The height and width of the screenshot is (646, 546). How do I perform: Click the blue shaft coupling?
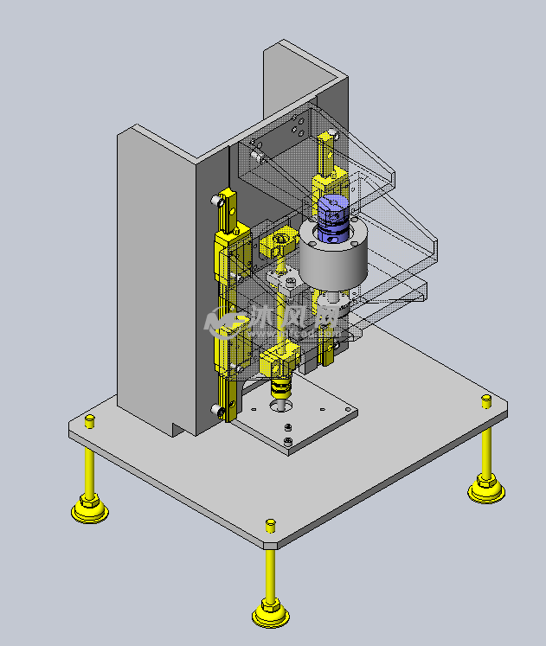(x=331, y=217)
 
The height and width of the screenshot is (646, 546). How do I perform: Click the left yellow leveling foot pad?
(x=89, y=510)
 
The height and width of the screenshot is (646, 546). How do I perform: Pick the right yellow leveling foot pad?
(x=486, y=490)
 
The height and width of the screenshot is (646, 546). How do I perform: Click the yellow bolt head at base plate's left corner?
(x=89, y=420)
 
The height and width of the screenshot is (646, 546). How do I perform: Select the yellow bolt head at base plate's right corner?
(x=486, y=399)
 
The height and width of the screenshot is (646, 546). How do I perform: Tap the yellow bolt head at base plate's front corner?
(x=270, y=524)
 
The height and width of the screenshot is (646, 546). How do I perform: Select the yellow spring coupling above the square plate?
(x=281, y=387)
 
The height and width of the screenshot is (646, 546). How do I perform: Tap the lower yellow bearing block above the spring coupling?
(x=282, y=356)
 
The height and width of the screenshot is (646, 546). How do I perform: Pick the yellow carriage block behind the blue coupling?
(x=330, y=184)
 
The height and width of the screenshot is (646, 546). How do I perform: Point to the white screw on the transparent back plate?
(x=257, y=157)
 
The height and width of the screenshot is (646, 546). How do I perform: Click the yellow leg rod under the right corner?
(x=486, y=450)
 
